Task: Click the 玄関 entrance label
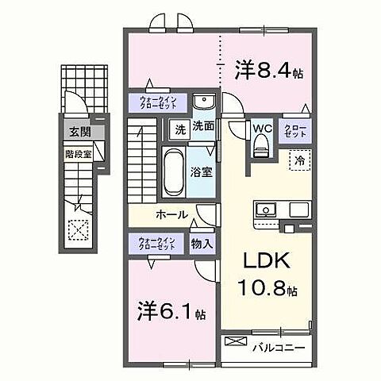pos(77,131)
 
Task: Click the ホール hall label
pos(171,215)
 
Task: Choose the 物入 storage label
pos(202,244)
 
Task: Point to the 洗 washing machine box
pos(179,129)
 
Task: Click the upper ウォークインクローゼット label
pos(158,102)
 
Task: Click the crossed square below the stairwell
pos(79,231)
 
